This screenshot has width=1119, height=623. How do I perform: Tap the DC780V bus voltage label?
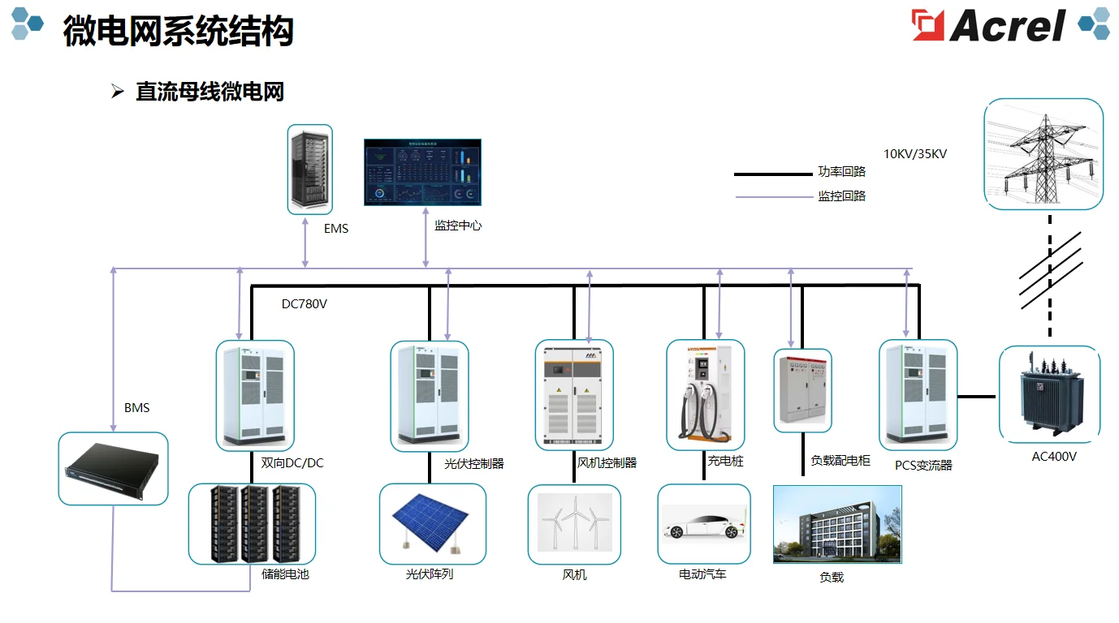point(304,304)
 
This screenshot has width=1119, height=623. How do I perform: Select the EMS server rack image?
point(310,170)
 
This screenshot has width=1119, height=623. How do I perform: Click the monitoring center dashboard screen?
point(422,172)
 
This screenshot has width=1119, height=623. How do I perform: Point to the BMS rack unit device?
point(113,469)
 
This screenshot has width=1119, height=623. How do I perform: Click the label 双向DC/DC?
point(292,463)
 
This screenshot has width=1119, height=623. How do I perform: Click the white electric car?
point(703,524)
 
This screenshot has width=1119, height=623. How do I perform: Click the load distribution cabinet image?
point(802,391)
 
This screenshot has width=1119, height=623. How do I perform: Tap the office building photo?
point(837,524)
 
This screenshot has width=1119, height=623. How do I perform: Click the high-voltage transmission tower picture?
point(1043,154)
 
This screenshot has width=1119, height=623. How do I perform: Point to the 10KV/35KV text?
point(915,153)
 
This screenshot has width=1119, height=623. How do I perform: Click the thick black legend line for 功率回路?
point(772,174)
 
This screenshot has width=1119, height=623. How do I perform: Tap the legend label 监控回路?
point(842,196)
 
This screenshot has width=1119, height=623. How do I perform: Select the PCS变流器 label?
point(923,466)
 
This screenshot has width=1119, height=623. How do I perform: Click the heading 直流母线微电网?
point(210,92)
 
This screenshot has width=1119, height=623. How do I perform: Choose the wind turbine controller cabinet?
point(574,395)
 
